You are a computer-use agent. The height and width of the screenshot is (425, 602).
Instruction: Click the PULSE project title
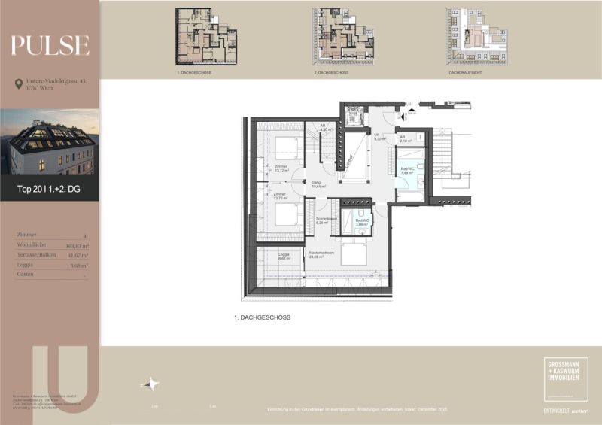[x=50, y=46]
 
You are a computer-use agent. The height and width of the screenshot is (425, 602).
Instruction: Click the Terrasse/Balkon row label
[x=34, y=255]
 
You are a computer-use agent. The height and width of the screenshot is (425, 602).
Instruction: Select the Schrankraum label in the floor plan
[x=326, y=220]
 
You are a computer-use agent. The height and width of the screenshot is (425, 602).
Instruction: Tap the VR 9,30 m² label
[x=380, y=137]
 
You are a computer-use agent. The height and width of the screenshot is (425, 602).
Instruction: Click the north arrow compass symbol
[x=153, y=384]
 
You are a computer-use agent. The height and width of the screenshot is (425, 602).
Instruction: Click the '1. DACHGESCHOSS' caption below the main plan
[x=262, y=317]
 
